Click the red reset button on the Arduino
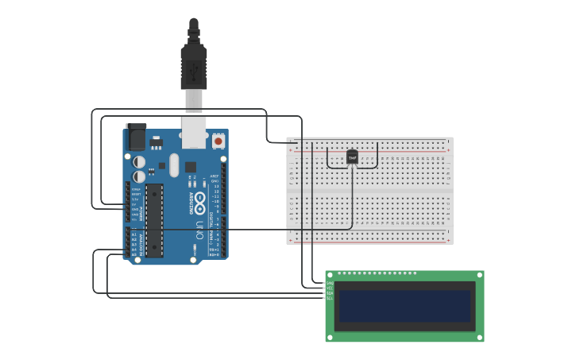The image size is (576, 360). click(218, 141)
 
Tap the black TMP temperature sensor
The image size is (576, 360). click(353, 157)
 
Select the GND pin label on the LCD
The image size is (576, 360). click(329, 283)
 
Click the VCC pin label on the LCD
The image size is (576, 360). click(329, 288)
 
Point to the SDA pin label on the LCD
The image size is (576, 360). click(329, 293)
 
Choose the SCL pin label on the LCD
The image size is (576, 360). click(329, 298)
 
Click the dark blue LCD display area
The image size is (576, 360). click(404, 306)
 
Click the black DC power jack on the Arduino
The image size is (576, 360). click(136, 137)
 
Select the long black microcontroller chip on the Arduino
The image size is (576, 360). click(154, 220)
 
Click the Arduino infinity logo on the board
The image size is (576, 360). click(199, 199)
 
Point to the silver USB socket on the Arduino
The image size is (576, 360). click(193, 134)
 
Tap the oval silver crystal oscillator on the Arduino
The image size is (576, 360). click(174, 165)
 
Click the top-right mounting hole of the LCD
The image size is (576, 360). click(478, 276)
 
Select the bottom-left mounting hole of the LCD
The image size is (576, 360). click(331, 337)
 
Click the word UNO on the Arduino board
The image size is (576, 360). click(199, 230)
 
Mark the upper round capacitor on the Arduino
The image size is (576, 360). click(139, 162)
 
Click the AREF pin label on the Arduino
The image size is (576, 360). click(214, 176)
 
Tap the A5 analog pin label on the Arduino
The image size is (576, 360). click(133, 254)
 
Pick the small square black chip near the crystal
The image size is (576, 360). click(191, 167)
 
